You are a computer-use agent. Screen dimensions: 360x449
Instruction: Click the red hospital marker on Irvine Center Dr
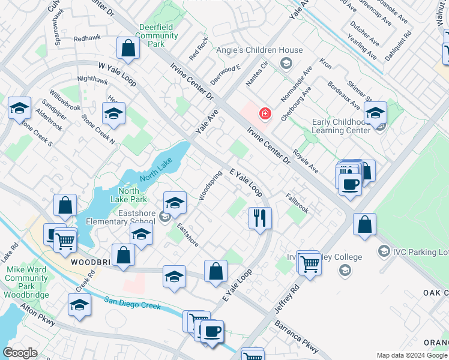(264, 113)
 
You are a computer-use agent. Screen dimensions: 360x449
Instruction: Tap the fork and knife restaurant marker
(259, 218)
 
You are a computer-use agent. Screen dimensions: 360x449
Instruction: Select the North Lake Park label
(128, 195)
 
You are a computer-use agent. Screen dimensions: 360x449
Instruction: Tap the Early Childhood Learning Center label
(341, 126)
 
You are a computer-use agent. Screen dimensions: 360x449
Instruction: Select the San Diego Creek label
(133, 303)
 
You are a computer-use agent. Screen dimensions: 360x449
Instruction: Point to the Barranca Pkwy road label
(297, 335)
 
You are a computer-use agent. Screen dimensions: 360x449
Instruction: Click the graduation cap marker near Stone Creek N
(113, 112)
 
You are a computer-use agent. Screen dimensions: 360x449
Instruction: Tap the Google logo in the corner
(20, 353)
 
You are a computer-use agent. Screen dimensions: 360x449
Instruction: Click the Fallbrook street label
(297, 202)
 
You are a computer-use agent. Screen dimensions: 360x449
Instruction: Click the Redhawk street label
(88, 38)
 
